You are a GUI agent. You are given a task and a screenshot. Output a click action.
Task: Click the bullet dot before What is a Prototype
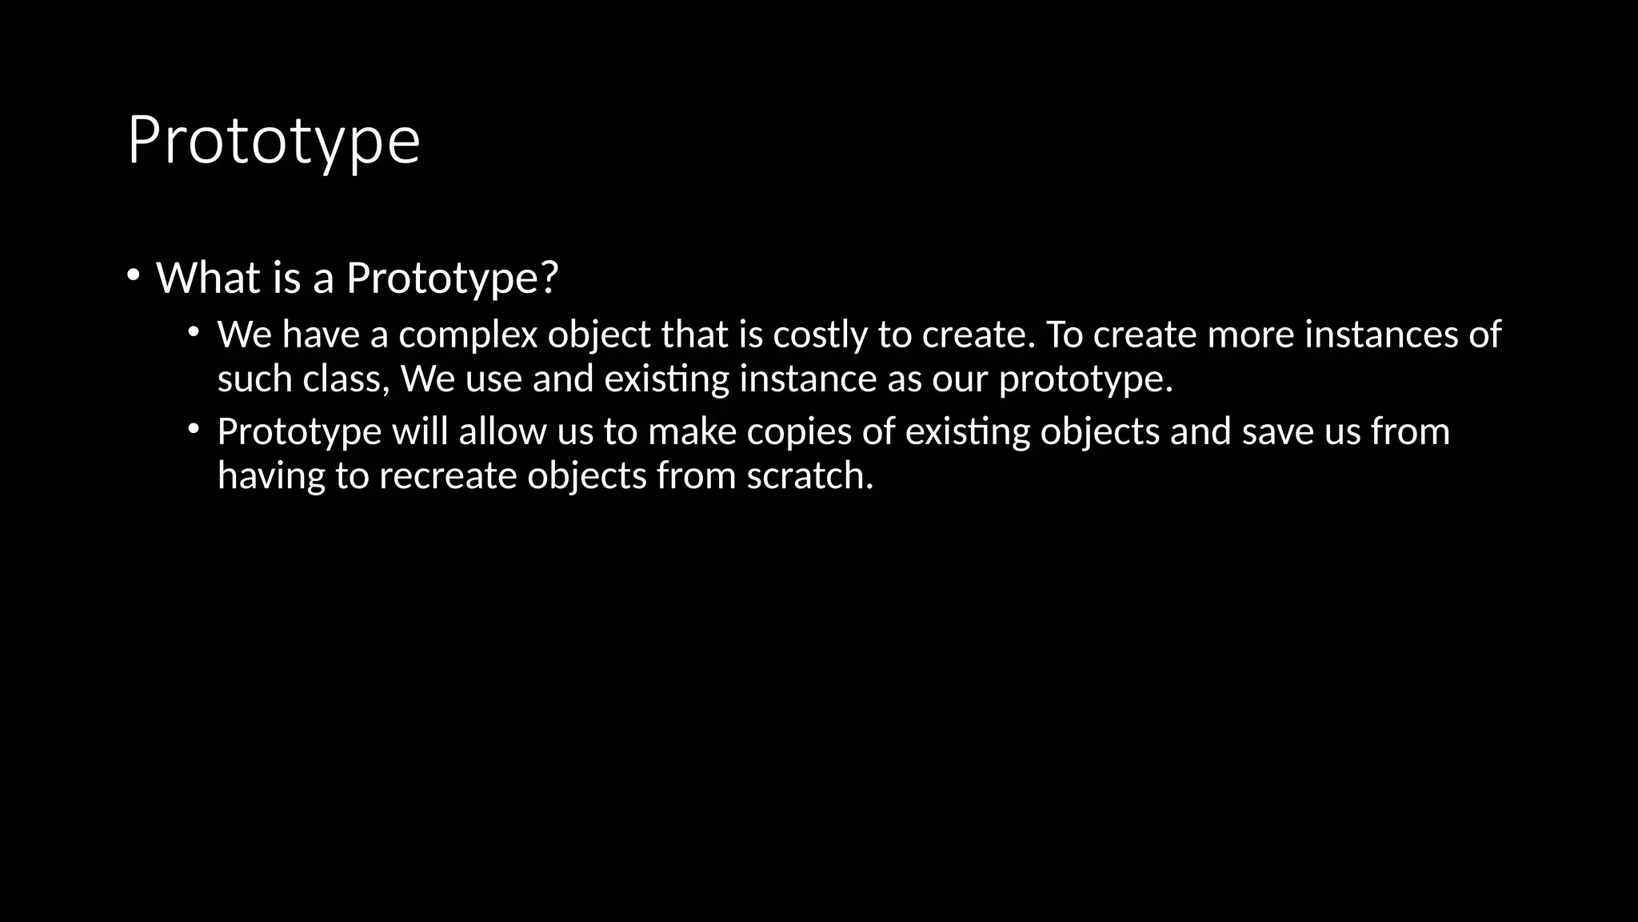pyautogui.click(x=133, y=275)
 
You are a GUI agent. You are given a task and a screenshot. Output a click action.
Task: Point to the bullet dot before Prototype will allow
pyautogui.click(x=194, y=429)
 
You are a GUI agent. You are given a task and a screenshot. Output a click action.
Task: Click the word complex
pyautogui.click(x=468, y=335)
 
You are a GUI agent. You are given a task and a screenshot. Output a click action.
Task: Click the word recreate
pyautogui.click(x=448, y=476)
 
